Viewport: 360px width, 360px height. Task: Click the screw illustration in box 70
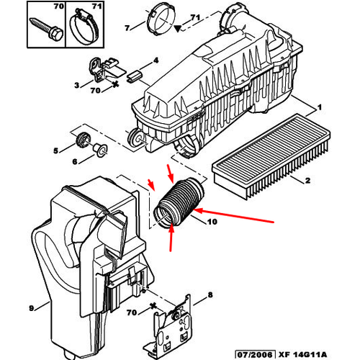47,29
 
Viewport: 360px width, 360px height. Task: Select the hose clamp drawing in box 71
84,27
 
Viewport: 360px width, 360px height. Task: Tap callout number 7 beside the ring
127,28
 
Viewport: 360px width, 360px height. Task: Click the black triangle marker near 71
177,29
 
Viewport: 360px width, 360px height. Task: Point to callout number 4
156,60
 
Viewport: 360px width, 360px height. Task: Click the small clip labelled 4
135,76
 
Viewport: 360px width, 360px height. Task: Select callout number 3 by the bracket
76,85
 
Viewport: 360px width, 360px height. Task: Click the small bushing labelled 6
101,150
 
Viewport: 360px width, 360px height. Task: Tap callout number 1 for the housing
319,107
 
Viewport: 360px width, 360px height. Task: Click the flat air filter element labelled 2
271,156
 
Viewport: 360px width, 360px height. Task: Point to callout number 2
307,180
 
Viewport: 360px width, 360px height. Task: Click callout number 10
212,222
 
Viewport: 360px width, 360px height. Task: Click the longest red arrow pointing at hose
233,216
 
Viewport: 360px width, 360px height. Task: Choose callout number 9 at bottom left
32,308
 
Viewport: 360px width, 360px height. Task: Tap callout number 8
210,294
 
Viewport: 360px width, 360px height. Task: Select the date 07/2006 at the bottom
255,354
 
